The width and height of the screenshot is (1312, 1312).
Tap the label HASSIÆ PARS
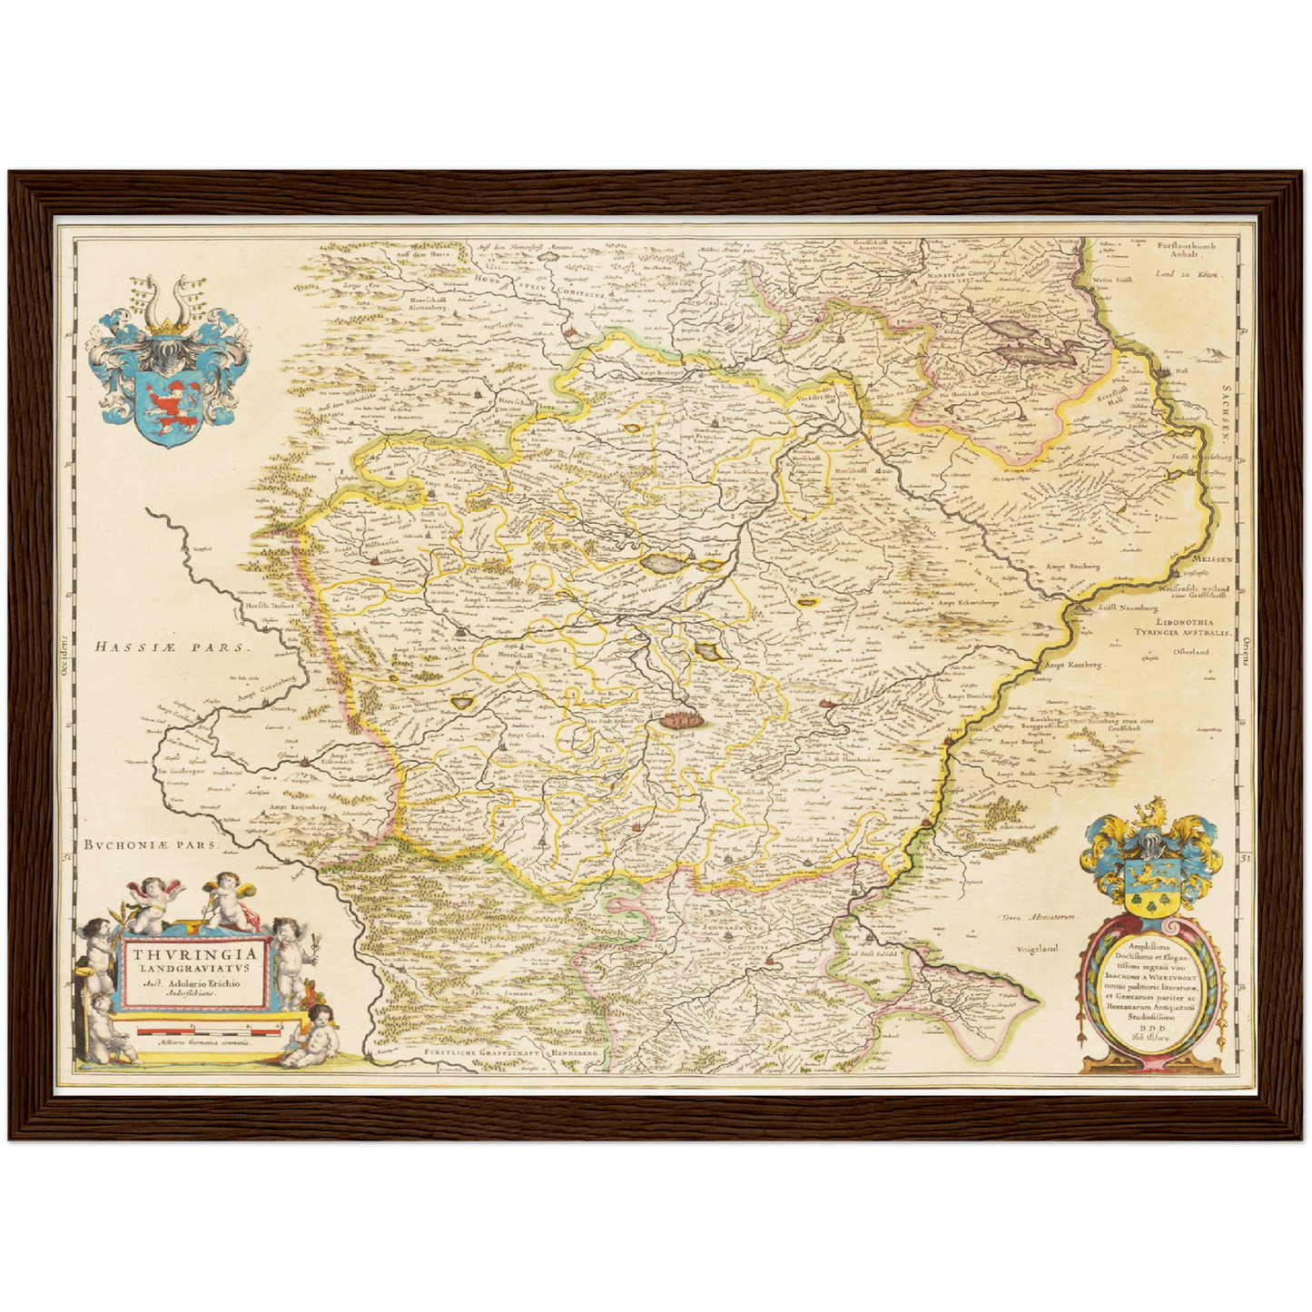(x=171, y=647)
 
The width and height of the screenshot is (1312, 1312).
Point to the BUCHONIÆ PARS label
(x=152, y=844)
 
